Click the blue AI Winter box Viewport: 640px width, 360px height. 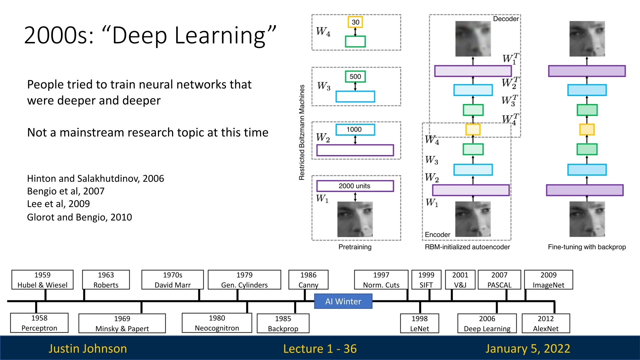[x=343, y=301]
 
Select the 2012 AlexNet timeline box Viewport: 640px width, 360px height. [x=546, y=323]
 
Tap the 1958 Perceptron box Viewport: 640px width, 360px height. [x=39, y=323]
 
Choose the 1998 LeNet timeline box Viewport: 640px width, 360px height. [x=419, y=323]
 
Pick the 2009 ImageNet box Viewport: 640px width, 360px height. [x=548, y=280]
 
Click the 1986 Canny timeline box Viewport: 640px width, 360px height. [x=308, y=280]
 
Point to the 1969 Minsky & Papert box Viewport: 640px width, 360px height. [x=122, y=323]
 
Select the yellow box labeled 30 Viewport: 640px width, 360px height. [x=355, y=22]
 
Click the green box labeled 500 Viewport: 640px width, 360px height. [x=355, y=76]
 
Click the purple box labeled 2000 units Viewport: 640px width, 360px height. [x=355, y=186]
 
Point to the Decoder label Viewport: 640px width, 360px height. [x=506, y=19]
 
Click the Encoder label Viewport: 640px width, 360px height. [x=437, y=235]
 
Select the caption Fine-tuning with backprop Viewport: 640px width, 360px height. [x=587, y=247]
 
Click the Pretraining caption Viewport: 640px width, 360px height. [x=355, y=247]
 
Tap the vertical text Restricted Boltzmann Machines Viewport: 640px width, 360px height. [x=302, y=132]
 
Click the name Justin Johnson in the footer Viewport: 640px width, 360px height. [x=88, y=348]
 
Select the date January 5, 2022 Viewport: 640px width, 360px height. [x=528, y=348]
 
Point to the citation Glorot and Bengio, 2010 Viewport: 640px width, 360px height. [x=79, y=217]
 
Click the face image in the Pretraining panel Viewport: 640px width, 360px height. [x=355, y=219]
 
